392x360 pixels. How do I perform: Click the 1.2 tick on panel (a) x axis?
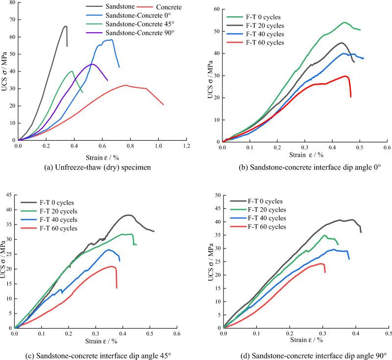(186, 146)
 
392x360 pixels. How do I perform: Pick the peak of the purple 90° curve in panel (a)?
(92, 64)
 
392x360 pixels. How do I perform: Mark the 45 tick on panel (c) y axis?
(8, 195)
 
